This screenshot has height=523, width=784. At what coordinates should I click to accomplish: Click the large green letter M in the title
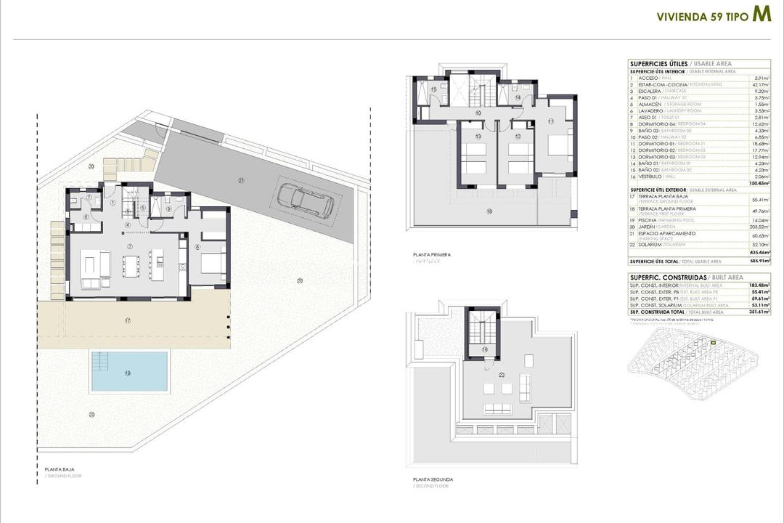[761, 15]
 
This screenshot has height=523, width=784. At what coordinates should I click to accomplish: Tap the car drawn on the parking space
[305, 200]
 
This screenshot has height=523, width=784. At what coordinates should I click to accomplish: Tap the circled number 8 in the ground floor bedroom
[197, 248]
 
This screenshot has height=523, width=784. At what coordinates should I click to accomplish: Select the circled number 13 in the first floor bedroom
[478, 136]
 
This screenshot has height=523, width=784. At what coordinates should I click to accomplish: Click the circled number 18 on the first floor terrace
[489, 211]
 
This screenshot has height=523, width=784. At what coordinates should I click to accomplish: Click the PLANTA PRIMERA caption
[431, 255]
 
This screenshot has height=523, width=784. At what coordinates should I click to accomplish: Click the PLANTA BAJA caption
[59, 469]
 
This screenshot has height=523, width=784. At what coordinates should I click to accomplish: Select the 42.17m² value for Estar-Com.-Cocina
[761, 85]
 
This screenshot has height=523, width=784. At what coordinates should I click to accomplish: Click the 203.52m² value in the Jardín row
[760, 227]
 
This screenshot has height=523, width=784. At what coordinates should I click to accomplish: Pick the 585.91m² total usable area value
[760, 261]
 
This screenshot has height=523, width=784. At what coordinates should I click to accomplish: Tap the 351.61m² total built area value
[760, 312]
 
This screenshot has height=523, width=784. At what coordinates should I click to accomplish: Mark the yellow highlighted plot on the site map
[714, 343]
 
